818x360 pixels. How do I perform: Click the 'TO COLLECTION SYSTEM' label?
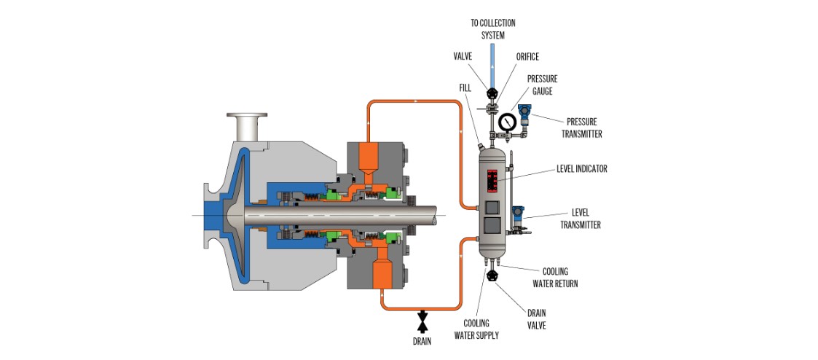[492, 29]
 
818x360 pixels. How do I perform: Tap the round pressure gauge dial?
[506, 120]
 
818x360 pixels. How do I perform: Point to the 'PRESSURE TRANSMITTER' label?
[581, 128]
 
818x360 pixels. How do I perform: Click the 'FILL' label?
[465, 87]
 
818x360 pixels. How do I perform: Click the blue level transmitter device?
[517, 216]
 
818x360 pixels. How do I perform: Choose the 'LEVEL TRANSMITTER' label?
[580, 219]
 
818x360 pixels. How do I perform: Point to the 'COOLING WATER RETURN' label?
[559, 278]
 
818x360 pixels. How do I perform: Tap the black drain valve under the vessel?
[492, 275]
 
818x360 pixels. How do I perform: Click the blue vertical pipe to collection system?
[492, 66]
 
